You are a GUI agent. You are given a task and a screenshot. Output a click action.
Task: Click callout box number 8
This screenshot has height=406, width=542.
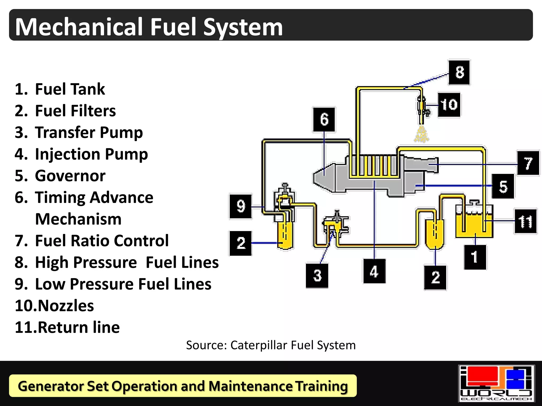459,72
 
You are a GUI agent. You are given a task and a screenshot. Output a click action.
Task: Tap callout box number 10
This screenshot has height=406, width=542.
449,105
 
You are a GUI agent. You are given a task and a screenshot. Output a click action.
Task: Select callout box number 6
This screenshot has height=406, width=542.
324,119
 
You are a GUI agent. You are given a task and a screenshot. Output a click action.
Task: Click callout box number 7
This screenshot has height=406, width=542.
528,163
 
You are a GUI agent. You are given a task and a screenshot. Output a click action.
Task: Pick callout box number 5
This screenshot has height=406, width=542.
503,186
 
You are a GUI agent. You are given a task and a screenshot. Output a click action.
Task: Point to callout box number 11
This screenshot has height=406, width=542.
525,221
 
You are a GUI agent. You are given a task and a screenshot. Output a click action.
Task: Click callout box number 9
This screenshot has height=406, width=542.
241,206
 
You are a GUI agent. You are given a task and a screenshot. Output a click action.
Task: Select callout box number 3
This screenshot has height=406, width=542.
317,275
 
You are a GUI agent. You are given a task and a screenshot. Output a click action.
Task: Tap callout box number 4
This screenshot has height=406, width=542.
374,271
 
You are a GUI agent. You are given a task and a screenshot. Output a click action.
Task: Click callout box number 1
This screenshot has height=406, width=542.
475,257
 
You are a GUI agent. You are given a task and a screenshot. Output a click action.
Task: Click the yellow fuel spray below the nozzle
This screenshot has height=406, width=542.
421,135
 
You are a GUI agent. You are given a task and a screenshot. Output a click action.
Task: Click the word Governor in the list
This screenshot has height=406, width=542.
70,176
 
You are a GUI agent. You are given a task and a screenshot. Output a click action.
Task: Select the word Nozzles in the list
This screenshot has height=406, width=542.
66,306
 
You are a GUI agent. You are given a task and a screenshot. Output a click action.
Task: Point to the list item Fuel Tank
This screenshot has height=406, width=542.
70,89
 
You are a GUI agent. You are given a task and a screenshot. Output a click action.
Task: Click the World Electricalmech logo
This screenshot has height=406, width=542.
496,383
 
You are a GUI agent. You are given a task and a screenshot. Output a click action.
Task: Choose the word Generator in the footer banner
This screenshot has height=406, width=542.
50,386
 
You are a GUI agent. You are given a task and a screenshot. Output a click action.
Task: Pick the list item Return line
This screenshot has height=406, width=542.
79,327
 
